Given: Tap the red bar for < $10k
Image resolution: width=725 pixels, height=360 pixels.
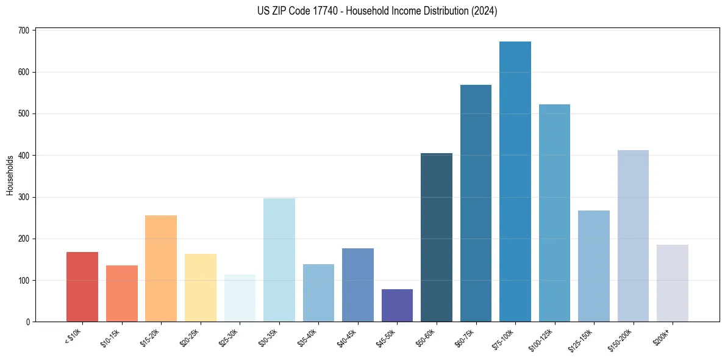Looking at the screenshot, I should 82,287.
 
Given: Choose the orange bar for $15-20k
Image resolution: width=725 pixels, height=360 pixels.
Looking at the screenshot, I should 161,268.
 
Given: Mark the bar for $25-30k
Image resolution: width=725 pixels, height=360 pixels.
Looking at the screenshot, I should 240,298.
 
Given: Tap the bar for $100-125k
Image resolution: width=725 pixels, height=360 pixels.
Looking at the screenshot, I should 554,213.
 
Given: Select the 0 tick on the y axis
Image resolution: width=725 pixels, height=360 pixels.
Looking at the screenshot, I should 29,322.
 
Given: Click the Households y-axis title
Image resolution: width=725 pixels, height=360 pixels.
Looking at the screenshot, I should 10,175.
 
